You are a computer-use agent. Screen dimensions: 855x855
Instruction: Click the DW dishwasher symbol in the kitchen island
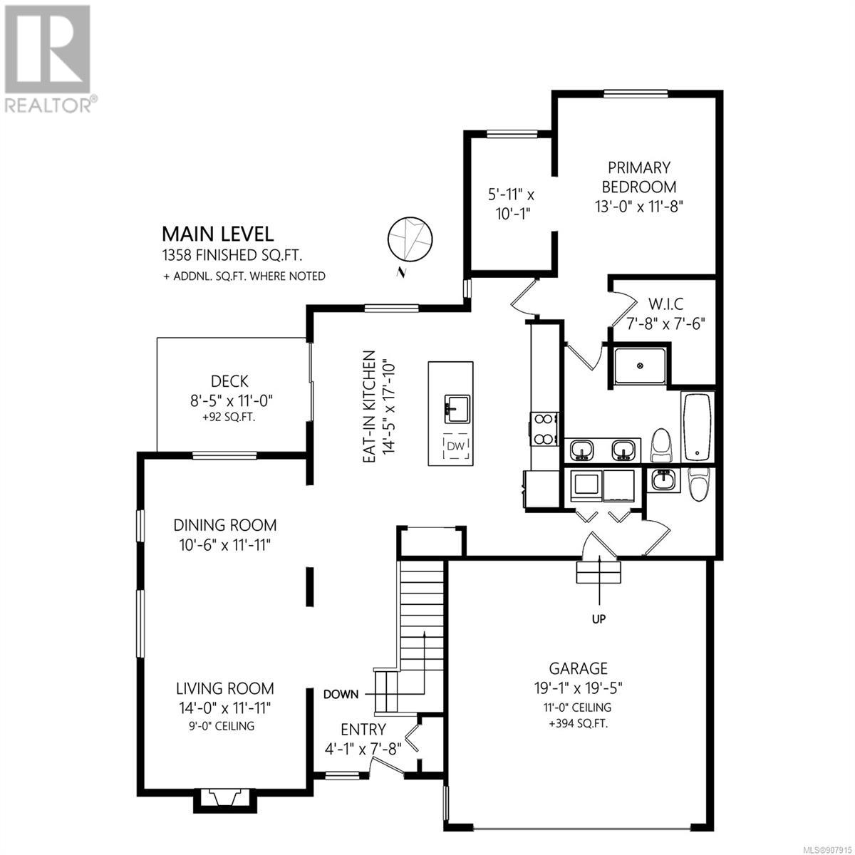[455, 446]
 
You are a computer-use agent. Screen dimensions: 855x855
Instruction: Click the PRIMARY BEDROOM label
[638, 177]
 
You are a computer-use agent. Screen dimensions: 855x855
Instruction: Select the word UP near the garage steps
[598, 618]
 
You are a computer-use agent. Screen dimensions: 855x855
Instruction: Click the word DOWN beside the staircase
[341, 695]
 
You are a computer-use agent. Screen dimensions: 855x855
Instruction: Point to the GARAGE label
[578, 668]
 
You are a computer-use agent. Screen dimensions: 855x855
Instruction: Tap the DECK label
[229, 381]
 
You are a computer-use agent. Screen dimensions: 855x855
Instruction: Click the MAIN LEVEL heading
[218, 234]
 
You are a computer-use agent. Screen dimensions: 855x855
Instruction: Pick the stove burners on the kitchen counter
[544, 429]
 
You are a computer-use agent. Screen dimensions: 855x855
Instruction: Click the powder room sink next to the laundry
[663, 480]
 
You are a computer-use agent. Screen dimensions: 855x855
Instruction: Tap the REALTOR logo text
[50, 105]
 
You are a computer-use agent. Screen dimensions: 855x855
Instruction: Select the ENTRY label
[363, 730]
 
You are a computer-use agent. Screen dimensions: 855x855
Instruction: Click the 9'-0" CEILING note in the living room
[222, 726]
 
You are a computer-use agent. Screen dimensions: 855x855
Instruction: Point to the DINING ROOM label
[225, 525]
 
